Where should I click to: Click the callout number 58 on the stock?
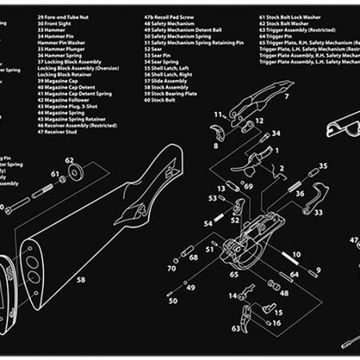point(80,279)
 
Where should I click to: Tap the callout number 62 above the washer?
point(70,161)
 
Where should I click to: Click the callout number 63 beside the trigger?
point(236,328)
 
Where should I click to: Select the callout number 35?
point(324,166)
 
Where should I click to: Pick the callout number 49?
point(190,286)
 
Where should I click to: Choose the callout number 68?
point(193,257)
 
